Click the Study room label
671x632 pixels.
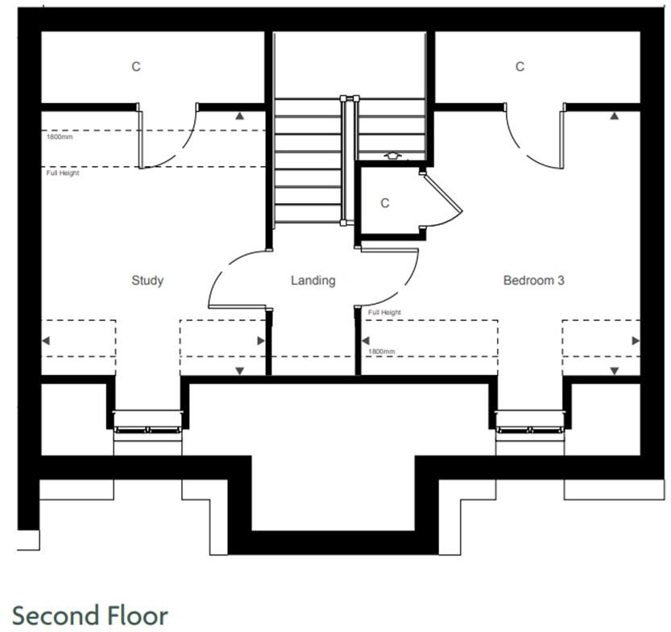[x=147, y=281]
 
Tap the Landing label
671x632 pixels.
[x=313, y=281]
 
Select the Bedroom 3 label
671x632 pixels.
[x=533, y=281]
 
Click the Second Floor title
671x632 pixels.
[x=90, y=614]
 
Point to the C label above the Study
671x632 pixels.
[x=136, y=67]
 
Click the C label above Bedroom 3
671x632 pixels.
[x=520, y=67]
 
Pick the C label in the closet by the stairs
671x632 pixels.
[x=385, y=203]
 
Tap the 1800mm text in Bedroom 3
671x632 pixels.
[x=381, y=351]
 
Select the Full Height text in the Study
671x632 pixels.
[x=63, y=173]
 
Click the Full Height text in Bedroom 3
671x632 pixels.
[x=384, y=312]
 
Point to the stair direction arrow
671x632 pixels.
[x=392, y=155]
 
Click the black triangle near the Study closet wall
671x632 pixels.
[x=239, y=115]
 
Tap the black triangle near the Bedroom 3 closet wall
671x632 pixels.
[x=615, y=115]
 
